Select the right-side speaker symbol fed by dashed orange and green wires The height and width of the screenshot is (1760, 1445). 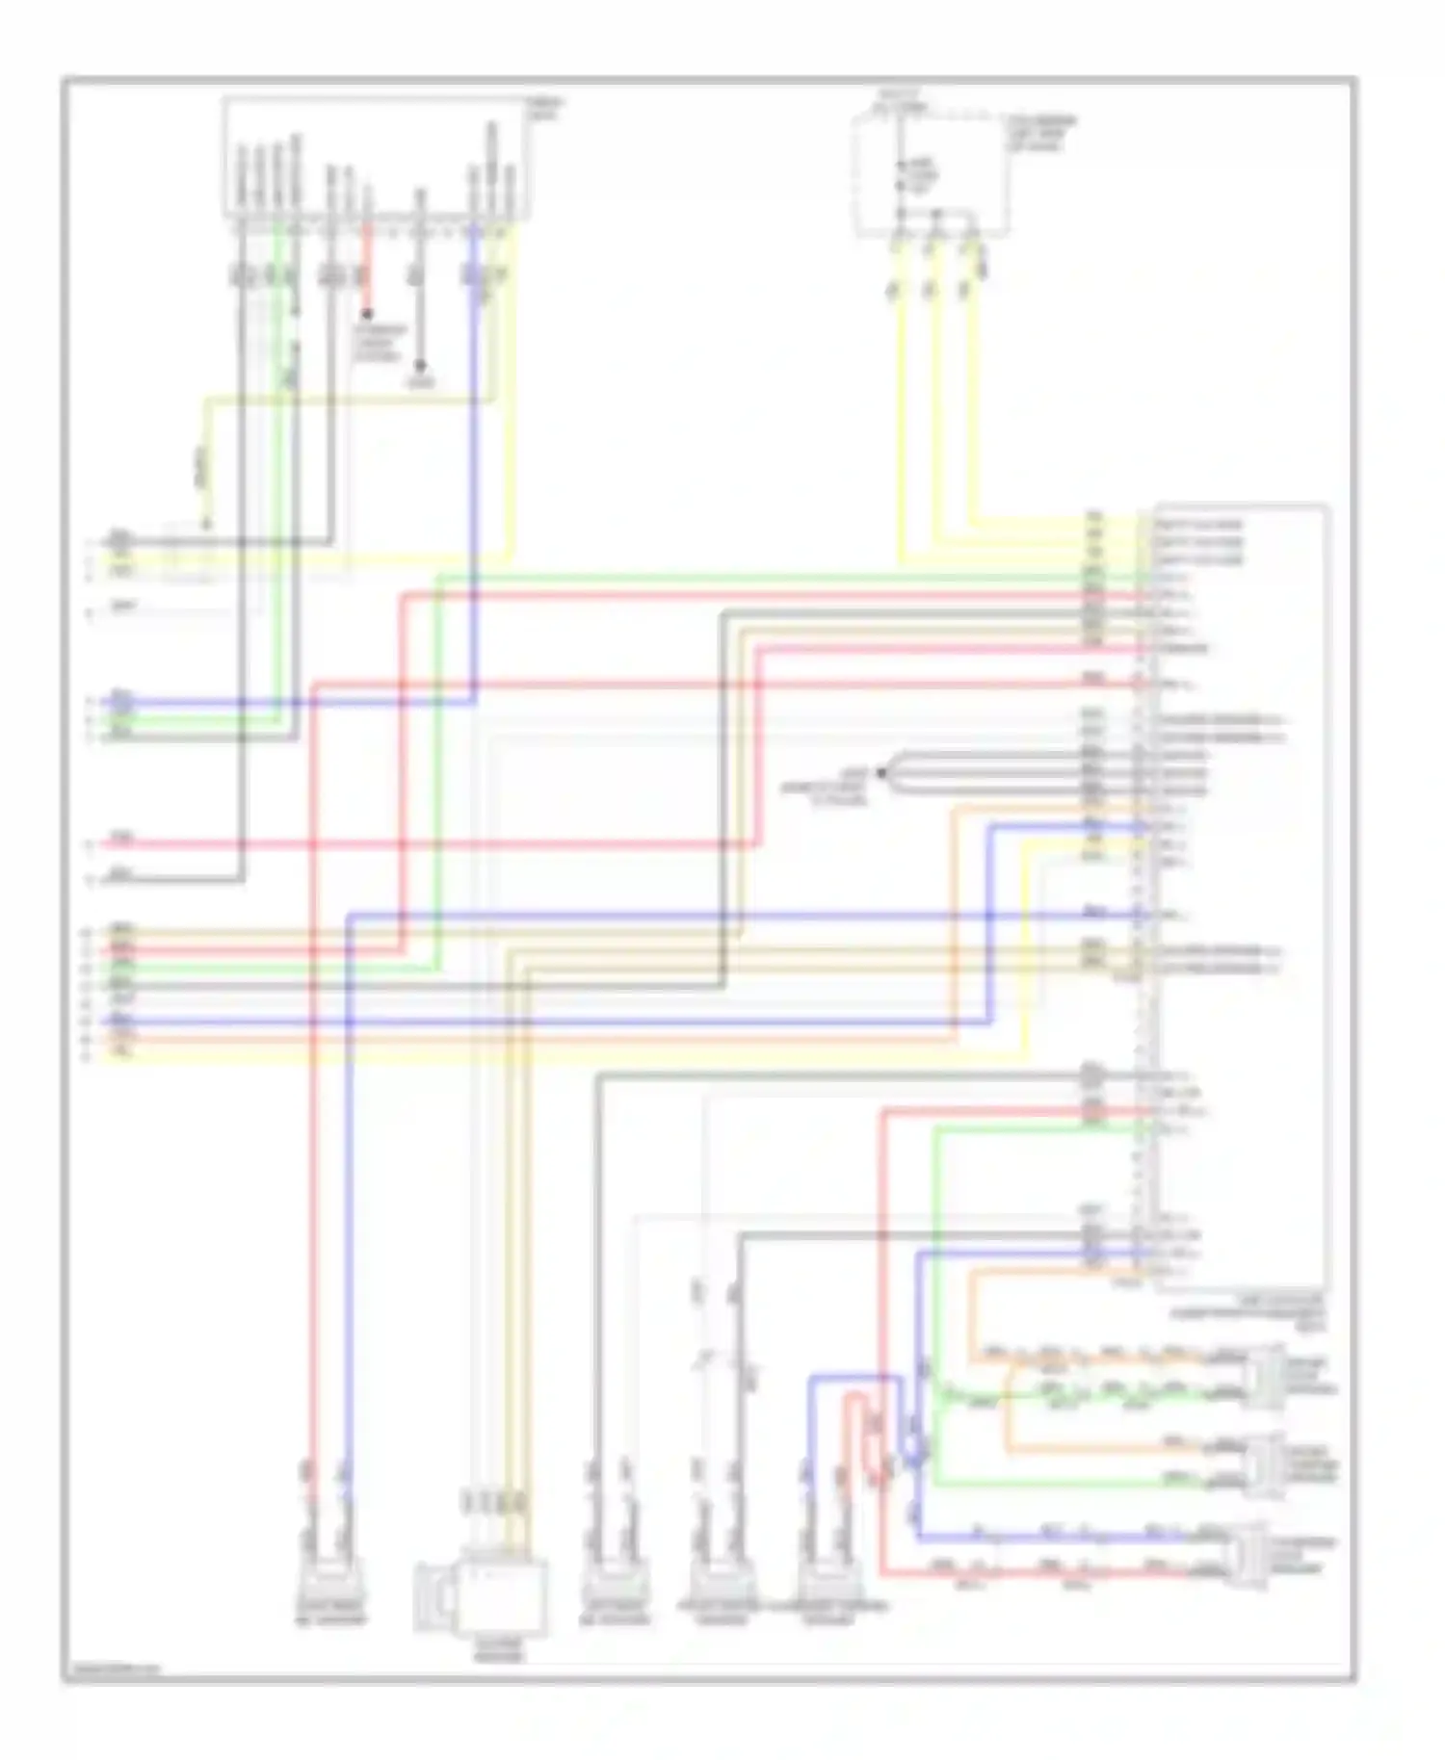point(1266,1377)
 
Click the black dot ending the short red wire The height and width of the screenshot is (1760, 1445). point(366,314)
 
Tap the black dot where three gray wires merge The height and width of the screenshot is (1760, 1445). point(880,772)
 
